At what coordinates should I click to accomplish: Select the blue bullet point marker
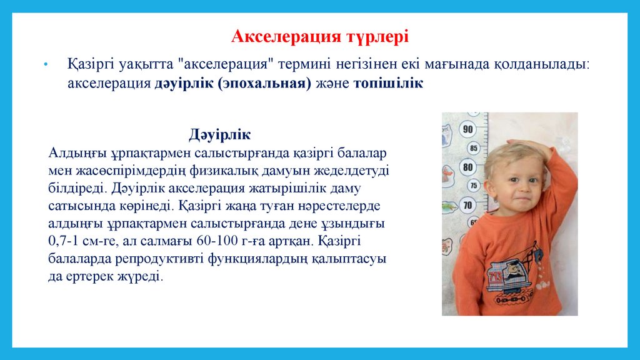[46, 64]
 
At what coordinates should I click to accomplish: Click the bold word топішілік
[388, 83]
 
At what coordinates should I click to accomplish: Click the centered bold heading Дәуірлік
[219, 134]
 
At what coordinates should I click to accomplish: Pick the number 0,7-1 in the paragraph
[63, 241]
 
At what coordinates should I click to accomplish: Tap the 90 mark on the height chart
[467, 129]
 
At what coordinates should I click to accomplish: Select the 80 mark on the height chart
[467, 167]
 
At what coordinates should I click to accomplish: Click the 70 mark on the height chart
[467, 205]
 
